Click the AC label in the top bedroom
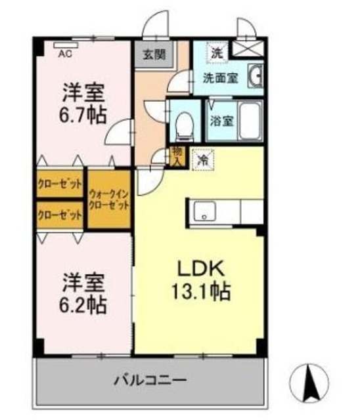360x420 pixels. (66, 54)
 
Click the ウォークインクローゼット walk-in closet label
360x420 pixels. (109, 198)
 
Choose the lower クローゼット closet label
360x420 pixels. (60, 215)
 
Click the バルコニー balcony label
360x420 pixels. (151, 380)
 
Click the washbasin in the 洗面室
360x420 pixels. (256, 77)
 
